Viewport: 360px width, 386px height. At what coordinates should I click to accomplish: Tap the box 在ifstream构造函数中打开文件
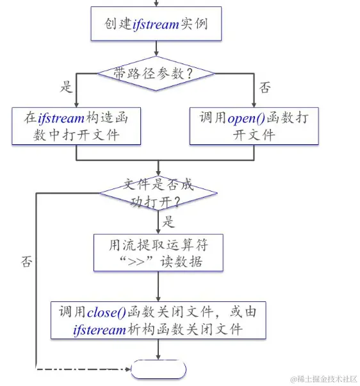[x=76, y=126]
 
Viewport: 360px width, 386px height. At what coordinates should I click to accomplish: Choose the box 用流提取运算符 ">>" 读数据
[x=158, y=253]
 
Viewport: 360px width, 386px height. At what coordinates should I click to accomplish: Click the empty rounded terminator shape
[x=158, y=370]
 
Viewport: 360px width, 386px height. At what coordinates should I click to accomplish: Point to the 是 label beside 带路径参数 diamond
[x=66, y=88]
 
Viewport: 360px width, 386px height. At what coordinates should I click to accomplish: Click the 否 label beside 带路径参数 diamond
[x=264, y=88]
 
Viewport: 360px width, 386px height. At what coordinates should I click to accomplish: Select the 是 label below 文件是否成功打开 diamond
[x=169, y=222]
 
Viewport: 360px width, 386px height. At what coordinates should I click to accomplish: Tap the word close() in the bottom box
[x=105, y=312]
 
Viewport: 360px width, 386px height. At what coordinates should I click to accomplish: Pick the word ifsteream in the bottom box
[x=101, y=330]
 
